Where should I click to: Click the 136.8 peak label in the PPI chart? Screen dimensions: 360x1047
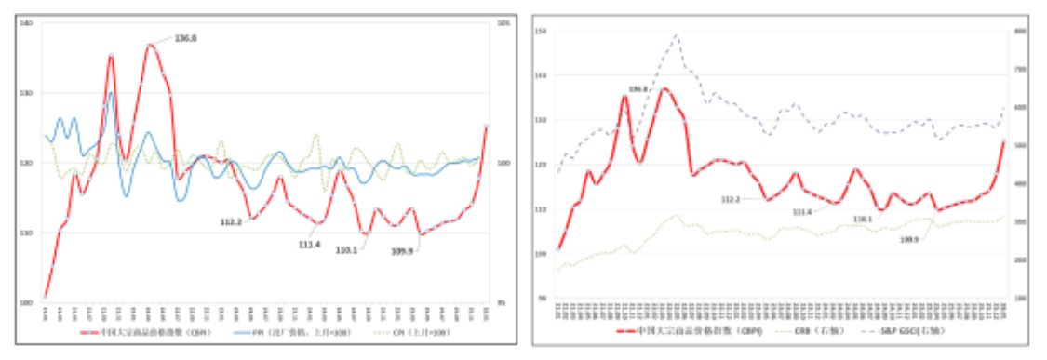[x=187, y=38]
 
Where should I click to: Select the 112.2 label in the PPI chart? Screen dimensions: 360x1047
[x=232, y=221]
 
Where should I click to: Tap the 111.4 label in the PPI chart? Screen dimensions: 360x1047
[x=310, y=244]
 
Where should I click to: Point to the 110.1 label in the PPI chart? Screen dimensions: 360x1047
[x=348, y=250]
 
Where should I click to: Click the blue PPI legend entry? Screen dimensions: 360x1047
[x=279, y=332]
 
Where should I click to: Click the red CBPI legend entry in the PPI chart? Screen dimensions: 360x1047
[x=130, y=332]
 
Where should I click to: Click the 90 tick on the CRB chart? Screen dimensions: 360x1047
[x=540, y=298]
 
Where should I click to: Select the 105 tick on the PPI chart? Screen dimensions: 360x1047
[x=503, y=23]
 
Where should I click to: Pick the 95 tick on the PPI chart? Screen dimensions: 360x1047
[x=503, y=303]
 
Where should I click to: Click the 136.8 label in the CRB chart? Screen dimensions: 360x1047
[x=638, y=89]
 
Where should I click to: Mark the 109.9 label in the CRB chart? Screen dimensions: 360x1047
[x=908, y=239]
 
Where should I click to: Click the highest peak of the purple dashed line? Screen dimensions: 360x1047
[x=675, y=35]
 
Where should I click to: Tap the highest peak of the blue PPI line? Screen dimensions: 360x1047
[x=111, y=92]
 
